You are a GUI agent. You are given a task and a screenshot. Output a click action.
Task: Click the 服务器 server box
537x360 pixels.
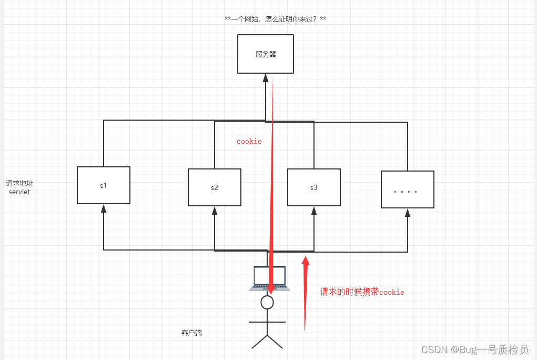265,54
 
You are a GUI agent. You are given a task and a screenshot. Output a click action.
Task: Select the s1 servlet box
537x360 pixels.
104,185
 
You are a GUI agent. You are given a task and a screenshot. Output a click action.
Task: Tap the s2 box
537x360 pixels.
215,187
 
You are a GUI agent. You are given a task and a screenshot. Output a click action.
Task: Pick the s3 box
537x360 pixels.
314,187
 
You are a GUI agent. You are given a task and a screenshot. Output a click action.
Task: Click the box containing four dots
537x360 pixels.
408,189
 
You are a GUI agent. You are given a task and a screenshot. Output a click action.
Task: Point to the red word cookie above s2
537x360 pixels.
249,142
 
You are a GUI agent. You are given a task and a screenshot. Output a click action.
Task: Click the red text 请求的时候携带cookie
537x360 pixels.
362,292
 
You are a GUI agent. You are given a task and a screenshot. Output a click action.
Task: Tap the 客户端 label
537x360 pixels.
191,333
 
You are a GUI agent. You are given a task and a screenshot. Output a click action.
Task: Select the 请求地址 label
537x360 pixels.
19,183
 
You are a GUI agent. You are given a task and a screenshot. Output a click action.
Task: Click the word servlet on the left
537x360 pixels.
19,192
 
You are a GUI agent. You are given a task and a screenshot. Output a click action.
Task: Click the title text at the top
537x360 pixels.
275,19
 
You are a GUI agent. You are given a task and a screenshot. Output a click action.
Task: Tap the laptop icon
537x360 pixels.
269,278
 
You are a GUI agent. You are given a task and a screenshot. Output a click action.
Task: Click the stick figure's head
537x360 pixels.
267,302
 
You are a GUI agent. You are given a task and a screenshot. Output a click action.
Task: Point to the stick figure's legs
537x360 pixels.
267,341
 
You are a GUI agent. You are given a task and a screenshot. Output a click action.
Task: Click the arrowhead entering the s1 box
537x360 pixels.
104,209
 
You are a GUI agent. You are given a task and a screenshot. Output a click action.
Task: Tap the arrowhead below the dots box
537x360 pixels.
408,213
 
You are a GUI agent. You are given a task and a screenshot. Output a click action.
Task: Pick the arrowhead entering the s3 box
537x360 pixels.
314,211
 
